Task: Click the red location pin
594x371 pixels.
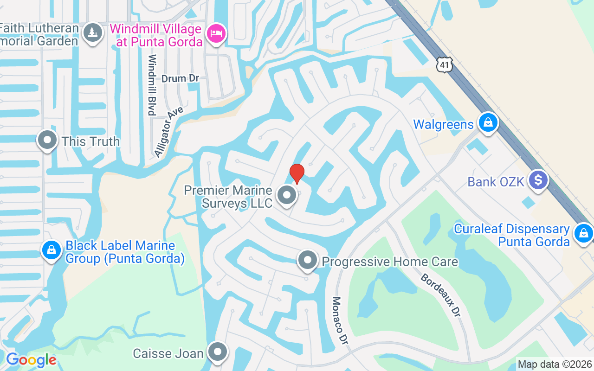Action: [x=297, y=173]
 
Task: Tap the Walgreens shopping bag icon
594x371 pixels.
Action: [x=488, y=123]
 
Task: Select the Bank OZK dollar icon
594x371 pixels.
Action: [x=538, y=180]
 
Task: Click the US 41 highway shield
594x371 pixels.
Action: [x=444, y=65]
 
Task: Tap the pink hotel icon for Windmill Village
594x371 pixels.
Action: [x=217, y=33]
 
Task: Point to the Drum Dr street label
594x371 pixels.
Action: [x=181, y=78]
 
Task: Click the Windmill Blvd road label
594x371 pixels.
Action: [x=151, y=85]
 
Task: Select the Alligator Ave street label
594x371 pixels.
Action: [x=169, y=132]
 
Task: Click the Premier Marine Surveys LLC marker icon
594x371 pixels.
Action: [x=287, y=195]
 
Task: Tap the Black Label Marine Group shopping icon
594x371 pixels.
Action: [x=52, y=250]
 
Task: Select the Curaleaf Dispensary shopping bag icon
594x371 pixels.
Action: [x=583, y=233]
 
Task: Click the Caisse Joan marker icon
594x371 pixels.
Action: [x=217, y=353]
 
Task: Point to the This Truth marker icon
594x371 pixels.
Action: [x=47, y=141]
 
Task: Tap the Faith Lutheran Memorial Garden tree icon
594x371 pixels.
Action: [x=93, y=33]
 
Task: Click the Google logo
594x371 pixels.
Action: [x=31, y=360]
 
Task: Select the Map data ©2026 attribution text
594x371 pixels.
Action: [x=555, y=365]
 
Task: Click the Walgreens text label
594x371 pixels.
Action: [x=443, y=124]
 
